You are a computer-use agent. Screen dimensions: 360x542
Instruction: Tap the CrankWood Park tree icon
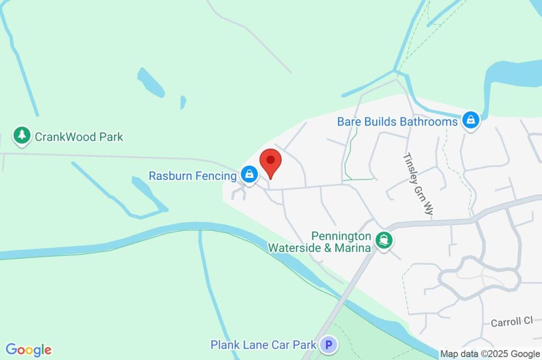click(x=22, y=136)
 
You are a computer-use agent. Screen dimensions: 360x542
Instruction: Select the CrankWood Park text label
click(x=79, y=137)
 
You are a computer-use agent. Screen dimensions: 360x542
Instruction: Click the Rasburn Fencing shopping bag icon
click(x=248, y=174)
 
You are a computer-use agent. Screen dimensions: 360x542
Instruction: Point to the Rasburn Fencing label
click(x=192, y=175)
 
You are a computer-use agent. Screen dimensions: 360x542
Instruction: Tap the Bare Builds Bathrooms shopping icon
click(x=470, y=120)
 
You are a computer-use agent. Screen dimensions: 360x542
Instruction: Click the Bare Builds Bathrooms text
click(x=397, y=122)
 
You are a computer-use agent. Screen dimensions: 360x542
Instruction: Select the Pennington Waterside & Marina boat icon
click(x=383, y=240)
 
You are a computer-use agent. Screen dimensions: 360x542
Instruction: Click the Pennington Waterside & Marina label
click(x=319, y=241)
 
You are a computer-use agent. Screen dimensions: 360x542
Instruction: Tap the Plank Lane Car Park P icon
click(x=329, y=345)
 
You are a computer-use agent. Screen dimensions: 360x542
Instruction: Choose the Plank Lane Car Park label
click(x=264, y=345)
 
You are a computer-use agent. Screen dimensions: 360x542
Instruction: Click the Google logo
click(x=29, y=349)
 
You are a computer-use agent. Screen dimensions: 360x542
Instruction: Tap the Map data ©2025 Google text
click(x=490, y=354)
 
